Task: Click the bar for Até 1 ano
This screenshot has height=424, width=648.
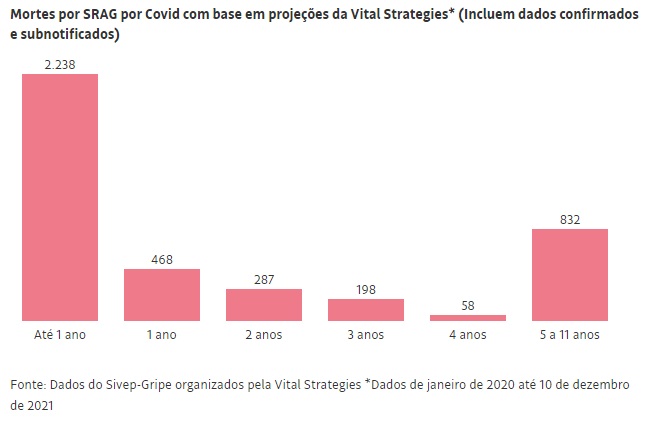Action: [60, 197]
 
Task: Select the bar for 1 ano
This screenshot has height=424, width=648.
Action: [162, 294]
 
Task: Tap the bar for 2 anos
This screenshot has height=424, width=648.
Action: [264, 304]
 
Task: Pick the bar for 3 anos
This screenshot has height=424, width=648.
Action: [366, 309]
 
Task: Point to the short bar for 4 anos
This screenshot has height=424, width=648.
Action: [468, 317]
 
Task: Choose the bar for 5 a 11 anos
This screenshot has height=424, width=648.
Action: [570, 274]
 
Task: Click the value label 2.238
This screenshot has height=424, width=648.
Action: [60, 64]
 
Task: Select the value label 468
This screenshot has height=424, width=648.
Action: [162, 259]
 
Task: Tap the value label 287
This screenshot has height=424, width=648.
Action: [264, 279]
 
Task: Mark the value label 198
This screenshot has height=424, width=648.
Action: [366, 289]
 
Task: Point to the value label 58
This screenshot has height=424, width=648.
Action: [468, 305]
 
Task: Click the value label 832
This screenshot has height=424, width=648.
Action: [570, 219]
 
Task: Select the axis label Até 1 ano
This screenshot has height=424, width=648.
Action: [60, 335]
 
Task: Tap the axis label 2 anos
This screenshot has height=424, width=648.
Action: [264, 335]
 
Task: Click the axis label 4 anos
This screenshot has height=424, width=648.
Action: [468, 335]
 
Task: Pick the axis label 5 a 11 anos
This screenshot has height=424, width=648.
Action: [570, 335]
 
